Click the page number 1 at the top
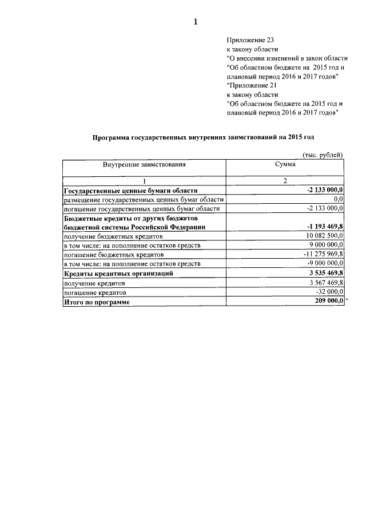[x=196, y=22]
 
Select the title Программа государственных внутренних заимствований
[x=203, y=137]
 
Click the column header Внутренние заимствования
[x=145, y=165]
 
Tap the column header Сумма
[x=285, y=165]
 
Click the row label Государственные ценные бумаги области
[x=131, y=190]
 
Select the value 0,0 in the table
[x=337, y=199]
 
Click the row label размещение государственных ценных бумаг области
[x=143, y=199]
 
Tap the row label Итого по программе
[x=97, y=301]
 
